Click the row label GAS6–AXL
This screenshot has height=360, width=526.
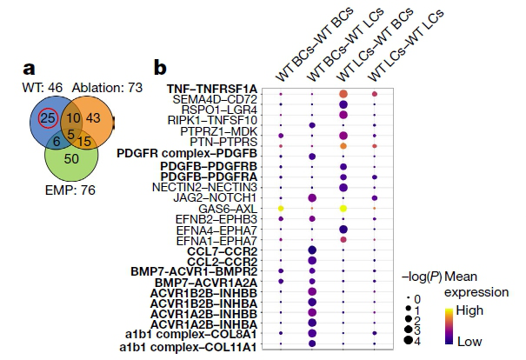tap(228, 210)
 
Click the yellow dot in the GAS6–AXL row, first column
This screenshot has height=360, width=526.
tap(280, 210)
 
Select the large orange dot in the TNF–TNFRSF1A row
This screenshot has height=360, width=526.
tap(343, 93)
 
